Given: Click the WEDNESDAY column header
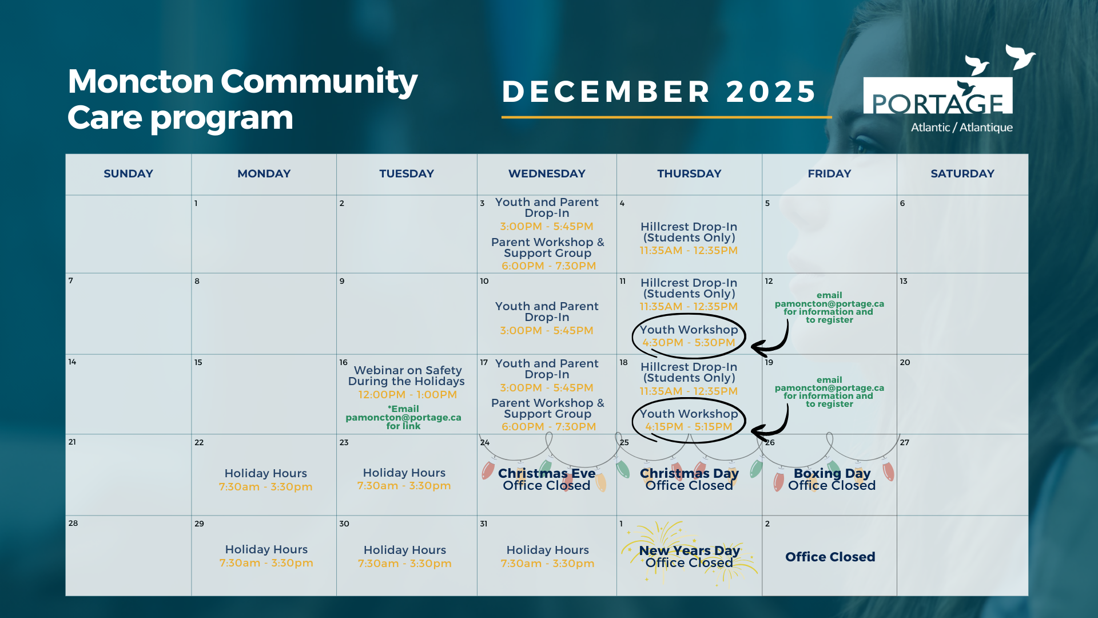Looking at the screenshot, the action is point(547,173).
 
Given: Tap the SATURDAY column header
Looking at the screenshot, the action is point(962,173).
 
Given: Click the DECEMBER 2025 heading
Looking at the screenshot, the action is point(659,92).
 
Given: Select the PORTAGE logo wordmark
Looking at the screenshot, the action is point(938,103).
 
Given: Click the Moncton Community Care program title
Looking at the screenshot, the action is point(242,99).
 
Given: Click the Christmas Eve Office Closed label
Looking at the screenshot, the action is point(547,479).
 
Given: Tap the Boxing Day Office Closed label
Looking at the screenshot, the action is point(832,479).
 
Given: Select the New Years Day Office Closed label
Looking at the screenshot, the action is point(689,556).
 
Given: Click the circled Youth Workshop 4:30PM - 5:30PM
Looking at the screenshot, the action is point(689,336).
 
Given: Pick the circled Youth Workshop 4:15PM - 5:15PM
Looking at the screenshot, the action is point(689,420).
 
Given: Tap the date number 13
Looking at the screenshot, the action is point(904,281).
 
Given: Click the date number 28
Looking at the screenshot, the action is point(73,523).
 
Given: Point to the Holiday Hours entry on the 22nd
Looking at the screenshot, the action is point(266,480).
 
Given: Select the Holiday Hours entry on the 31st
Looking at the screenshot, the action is point(547,556).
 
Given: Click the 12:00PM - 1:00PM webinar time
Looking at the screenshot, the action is point(408,395).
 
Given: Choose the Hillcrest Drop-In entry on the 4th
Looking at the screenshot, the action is point(689,238).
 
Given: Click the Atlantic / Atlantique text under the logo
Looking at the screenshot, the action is point(961,128).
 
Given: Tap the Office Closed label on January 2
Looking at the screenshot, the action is point(830,557).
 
